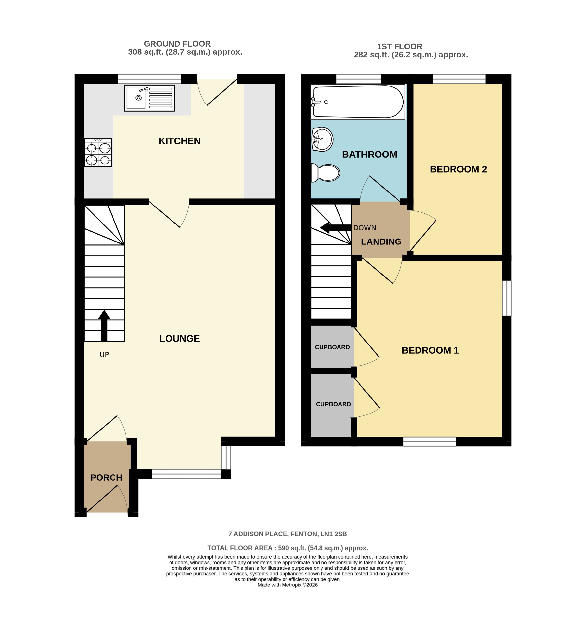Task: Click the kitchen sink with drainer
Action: pos(149,98)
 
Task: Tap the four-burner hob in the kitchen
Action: pos(98,153)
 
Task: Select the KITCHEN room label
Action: pos(179,141)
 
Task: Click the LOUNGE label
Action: pos(179,338)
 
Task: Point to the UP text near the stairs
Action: pos(104,355)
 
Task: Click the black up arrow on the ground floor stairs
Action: pos(104,325)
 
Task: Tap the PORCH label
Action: pos(106,478)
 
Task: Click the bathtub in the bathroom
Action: pos(358,102)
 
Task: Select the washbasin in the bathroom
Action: pos(322,139)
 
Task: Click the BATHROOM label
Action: pos(369,154)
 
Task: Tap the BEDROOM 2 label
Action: pos(458,169)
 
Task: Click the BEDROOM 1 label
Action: pos(430,350)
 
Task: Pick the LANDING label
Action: pos(381,241)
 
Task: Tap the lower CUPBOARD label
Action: pos(333,404)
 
